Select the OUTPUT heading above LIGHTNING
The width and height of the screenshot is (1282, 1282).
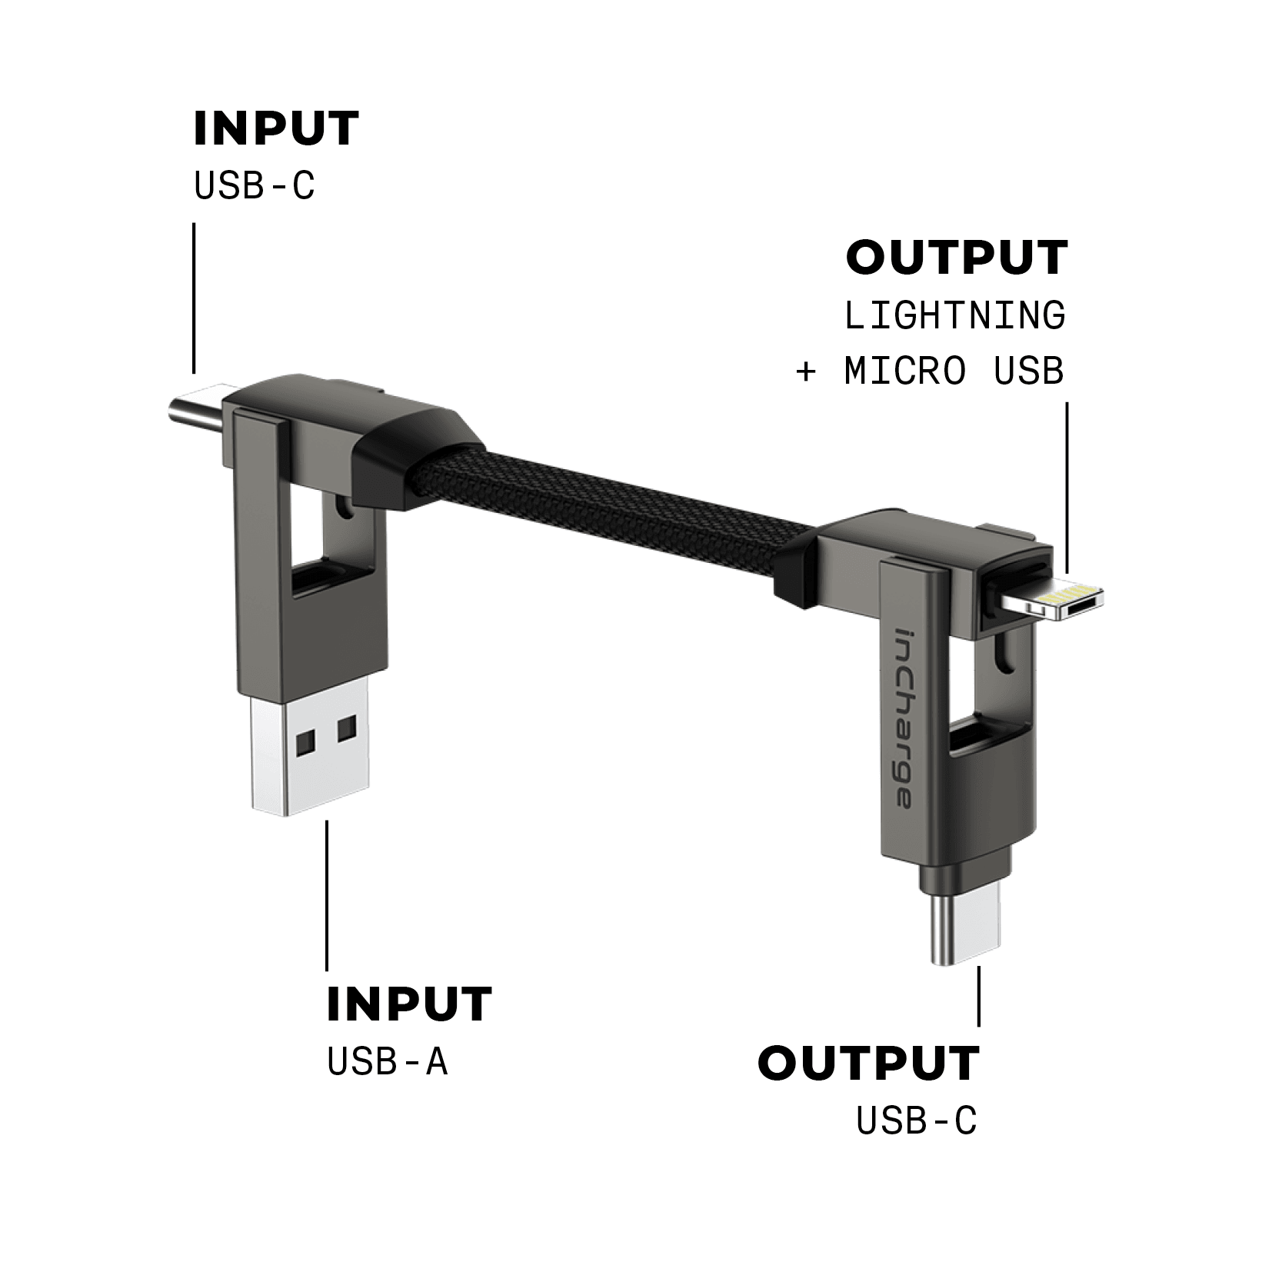(957, 257)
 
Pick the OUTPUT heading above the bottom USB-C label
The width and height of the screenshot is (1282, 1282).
(868, 1063)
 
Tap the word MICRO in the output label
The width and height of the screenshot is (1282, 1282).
(904, 371)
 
